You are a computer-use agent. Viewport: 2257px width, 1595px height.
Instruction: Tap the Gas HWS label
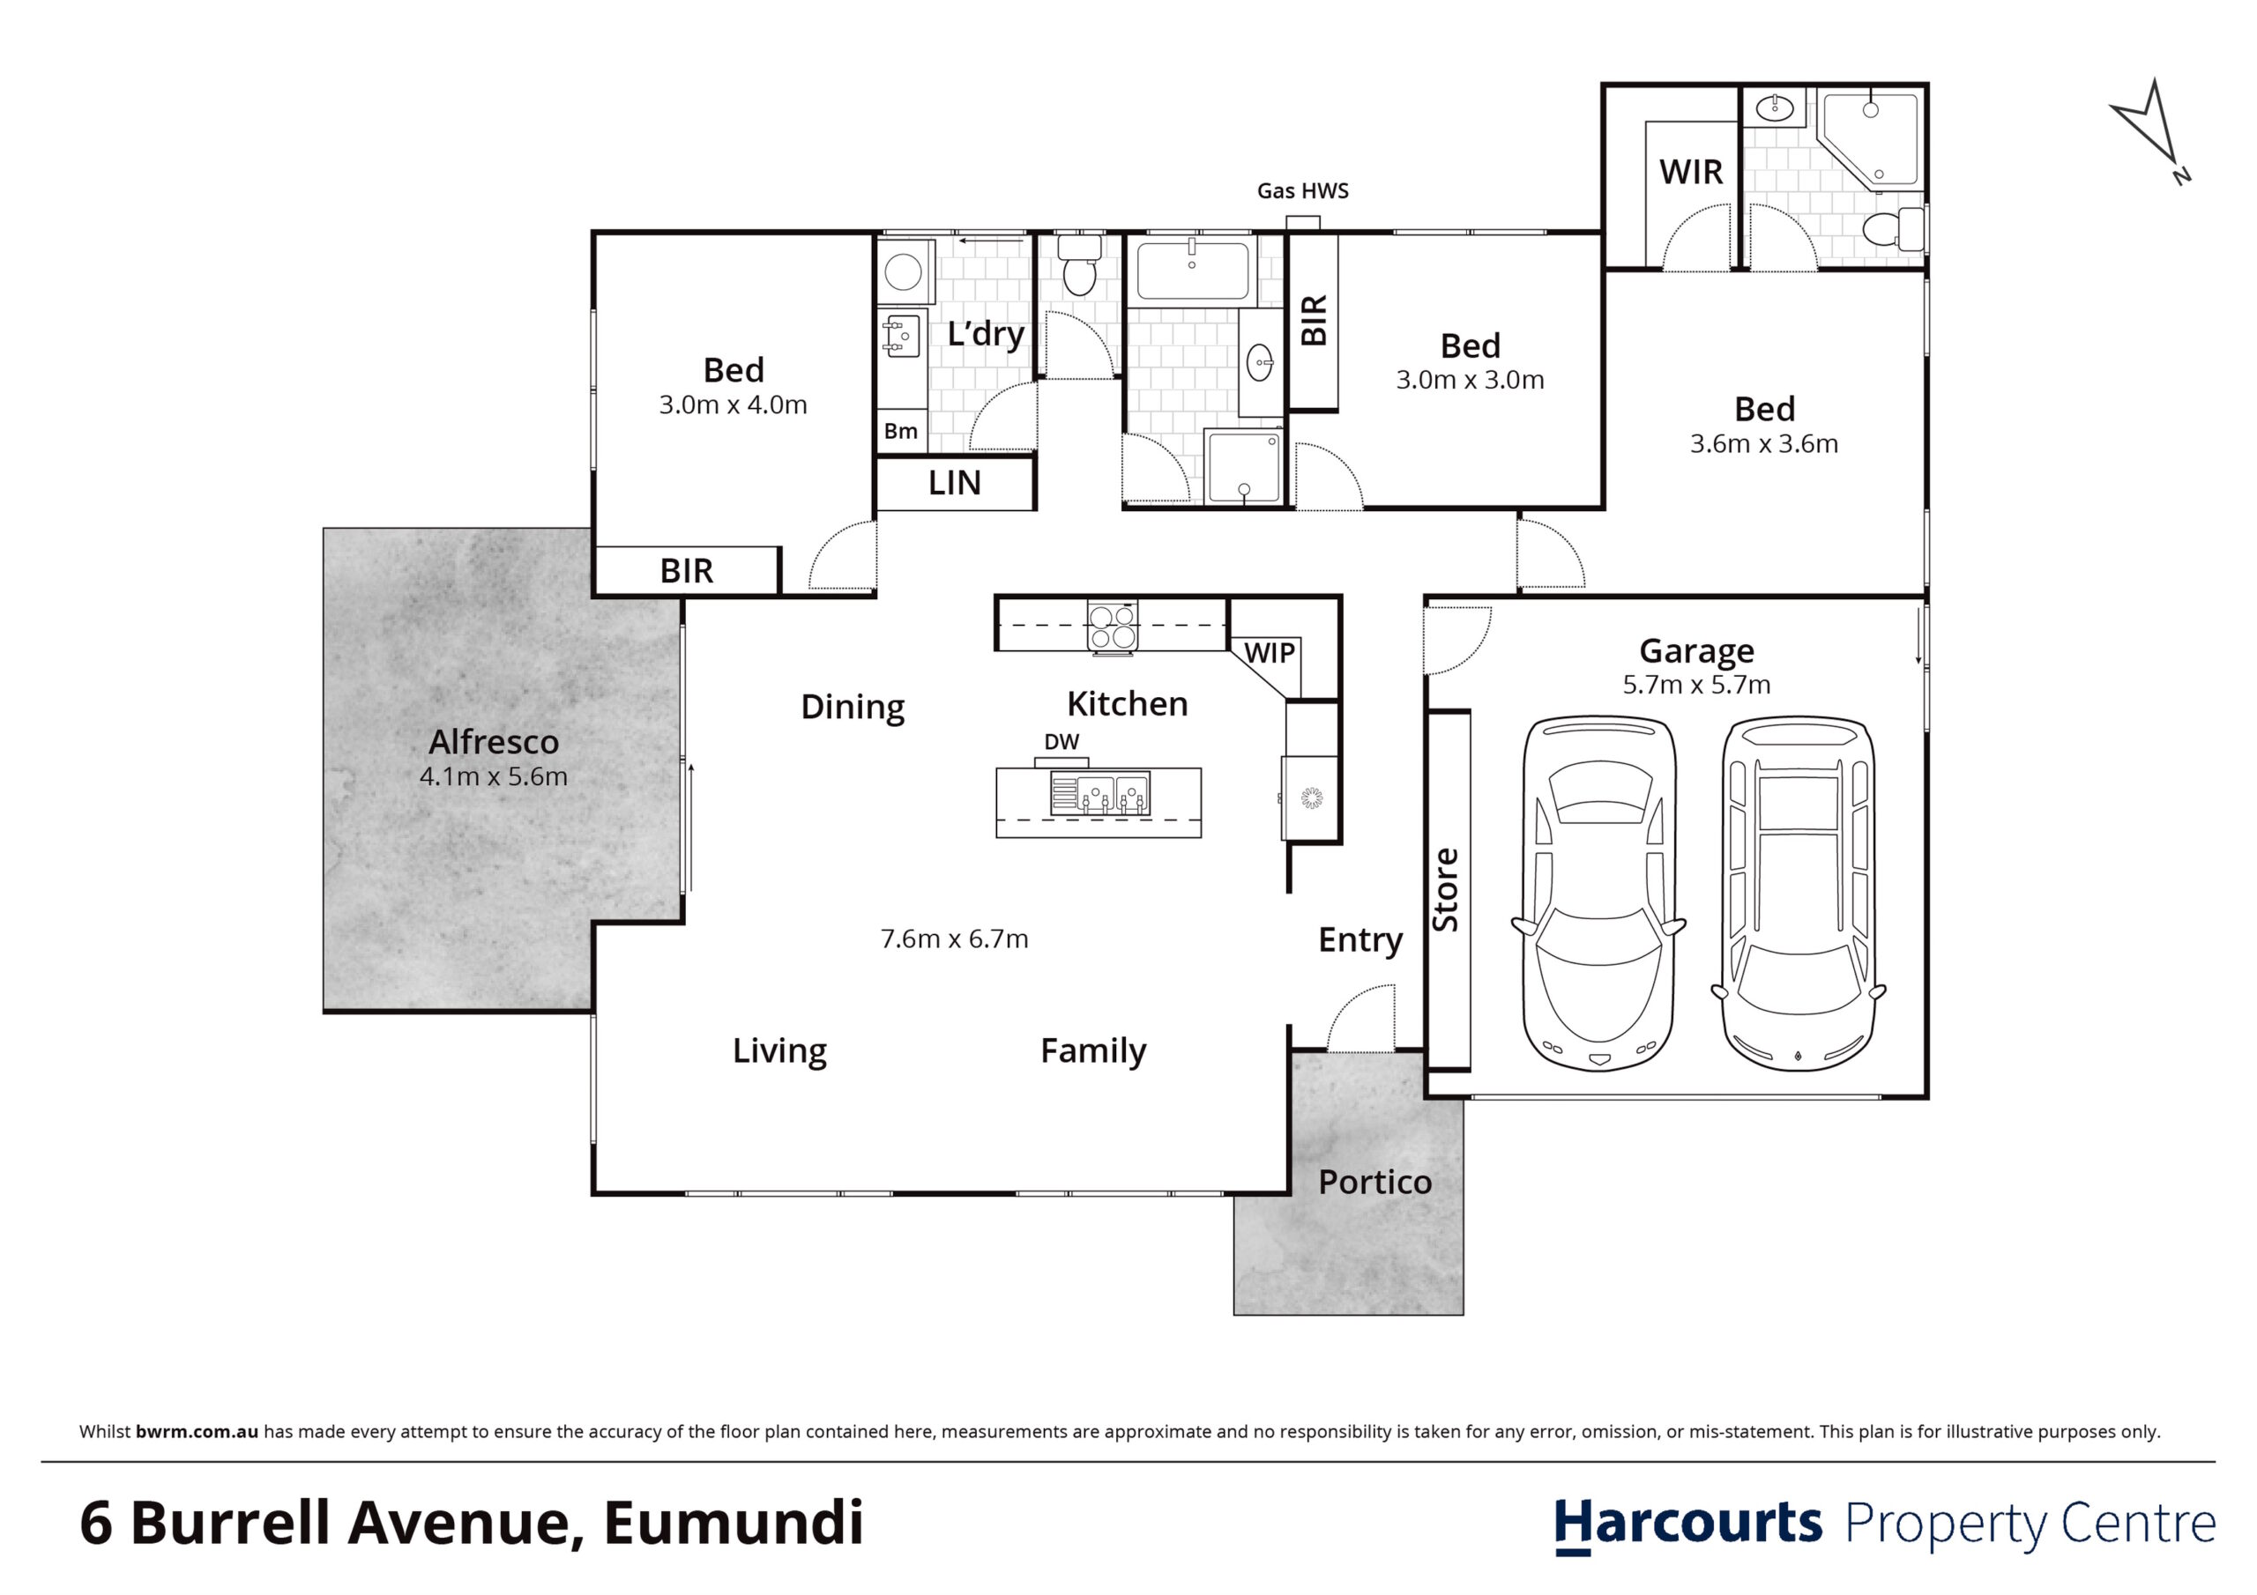pyautogui.click(x=1302, y=190)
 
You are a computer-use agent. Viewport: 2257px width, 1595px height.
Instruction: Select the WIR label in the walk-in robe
pyautogui.click(x=1691, y=172)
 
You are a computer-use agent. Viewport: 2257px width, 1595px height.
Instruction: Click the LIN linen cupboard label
pyautogui.click(x=955, y=483)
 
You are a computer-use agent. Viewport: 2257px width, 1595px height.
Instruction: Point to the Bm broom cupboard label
pyautogui.click(x=900, y=430)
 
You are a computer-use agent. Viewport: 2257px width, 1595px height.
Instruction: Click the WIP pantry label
pyautogui.click(x=1269, y=653)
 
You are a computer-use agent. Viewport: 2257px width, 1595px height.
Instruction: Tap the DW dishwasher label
pyautogui.click(x=1061, y=742)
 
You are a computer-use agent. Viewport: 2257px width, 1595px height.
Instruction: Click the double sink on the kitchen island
pyautogui.click(x=1100, y=792)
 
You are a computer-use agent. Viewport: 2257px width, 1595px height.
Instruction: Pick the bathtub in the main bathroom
pyautogui.click(x=1192, y=271)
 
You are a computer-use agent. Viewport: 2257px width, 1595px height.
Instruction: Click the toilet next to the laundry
pyautogui.click(x=1079, y=263)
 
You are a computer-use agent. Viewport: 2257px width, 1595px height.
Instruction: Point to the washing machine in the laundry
pyautogui.click(x=904, y=271)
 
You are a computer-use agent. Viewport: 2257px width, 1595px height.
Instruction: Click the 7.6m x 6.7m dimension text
pyautogui.click(x=955, y=938)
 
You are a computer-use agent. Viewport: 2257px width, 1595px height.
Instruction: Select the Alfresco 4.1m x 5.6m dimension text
pyautogui.click(x=494, y=776)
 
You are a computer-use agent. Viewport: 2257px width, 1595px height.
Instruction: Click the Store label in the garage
pyautogui.click(x=1445, y=889)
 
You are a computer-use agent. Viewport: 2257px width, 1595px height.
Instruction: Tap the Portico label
pyautogui.click(x=1374, y=1183)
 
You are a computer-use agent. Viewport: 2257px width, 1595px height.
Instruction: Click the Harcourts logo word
pyautogui.click(x=1687, y=1525)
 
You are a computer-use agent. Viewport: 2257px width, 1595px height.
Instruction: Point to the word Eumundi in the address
pyautogui.click(x=734, y=1524)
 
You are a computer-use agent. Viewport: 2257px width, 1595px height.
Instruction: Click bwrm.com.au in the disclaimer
pyautogui.click(x=197, y=1432)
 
